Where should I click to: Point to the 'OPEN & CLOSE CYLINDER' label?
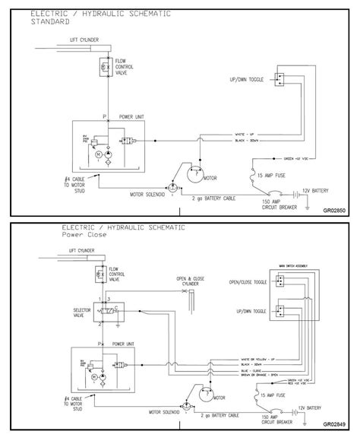click(191, 281)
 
